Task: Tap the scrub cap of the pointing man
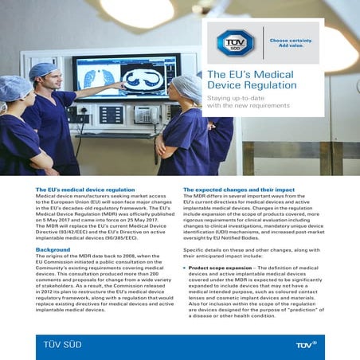coord(43,71)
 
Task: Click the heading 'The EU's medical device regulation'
coord(85,190)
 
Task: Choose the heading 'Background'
coord(53,250)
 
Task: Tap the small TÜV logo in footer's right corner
coord(307,344)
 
